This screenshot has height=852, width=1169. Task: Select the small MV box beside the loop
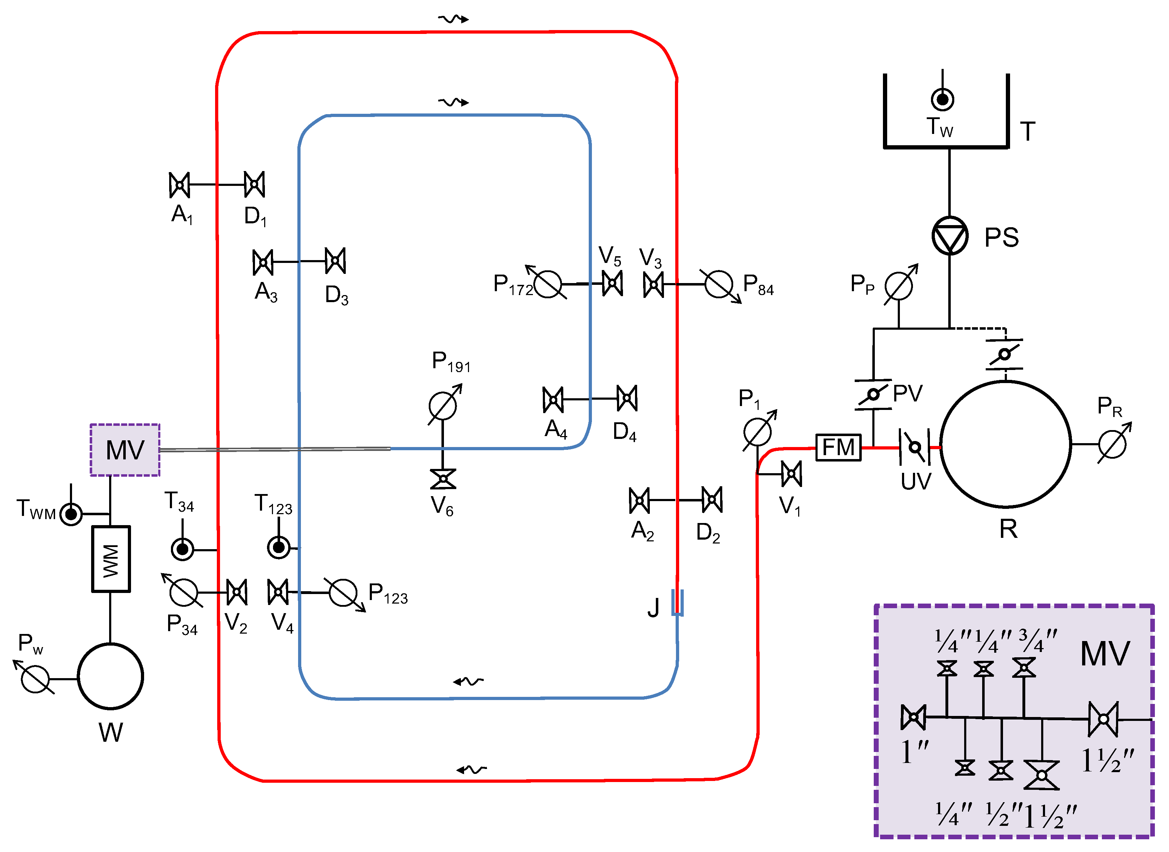coord(125,450)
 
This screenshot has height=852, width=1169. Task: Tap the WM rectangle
coord(111,559)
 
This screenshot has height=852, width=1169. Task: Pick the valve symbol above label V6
coord(443,478)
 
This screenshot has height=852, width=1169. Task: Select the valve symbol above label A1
coord(179,184)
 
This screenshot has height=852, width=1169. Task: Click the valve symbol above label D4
coord(627,398)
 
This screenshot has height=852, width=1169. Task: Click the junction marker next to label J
coord(677,603)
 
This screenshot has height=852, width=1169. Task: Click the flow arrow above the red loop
coord(453,19)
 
